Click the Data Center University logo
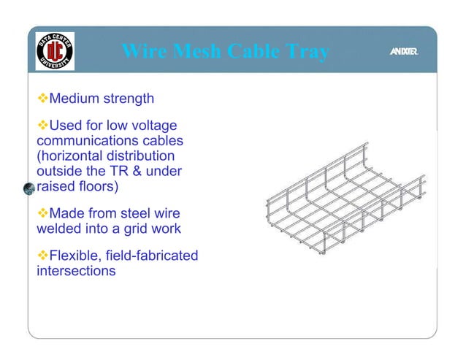[x=55, y=51]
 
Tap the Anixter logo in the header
[x=403, y=51]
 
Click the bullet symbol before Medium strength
[x=42, y=98]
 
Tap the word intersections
[x=76, y=271]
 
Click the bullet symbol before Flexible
[x=42, y=256]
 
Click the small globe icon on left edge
[x=29, y=188]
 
